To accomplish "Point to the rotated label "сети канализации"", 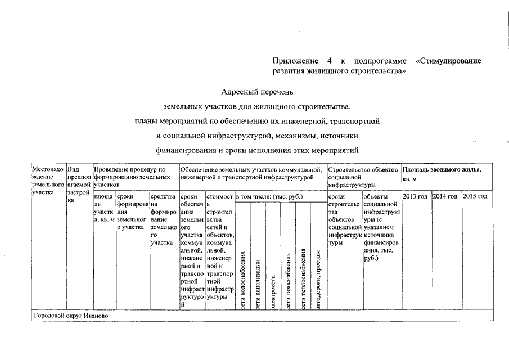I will click(257, 284).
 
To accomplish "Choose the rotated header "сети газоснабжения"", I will click(288, 281).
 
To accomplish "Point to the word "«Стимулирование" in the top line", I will click(447, 61).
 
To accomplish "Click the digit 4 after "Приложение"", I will click(328, 61).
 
